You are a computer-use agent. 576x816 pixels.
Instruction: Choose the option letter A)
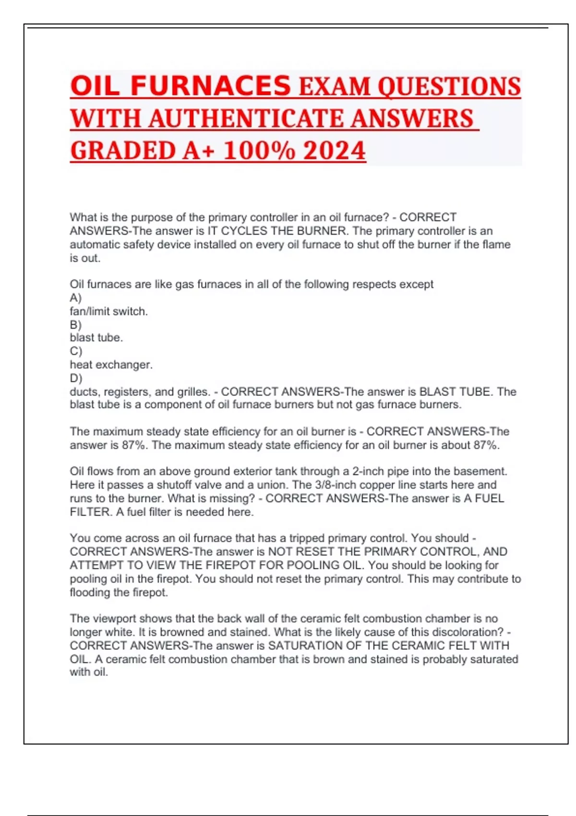coord(75,298)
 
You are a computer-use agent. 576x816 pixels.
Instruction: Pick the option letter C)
coord(76,351)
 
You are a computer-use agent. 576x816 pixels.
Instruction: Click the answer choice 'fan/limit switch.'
coord(108,312)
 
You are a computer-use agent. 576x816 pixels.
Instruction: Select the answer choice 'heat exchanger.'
coord(111,365)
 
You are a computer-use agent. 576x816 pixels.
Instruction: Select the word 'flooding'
coord(90,592)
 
